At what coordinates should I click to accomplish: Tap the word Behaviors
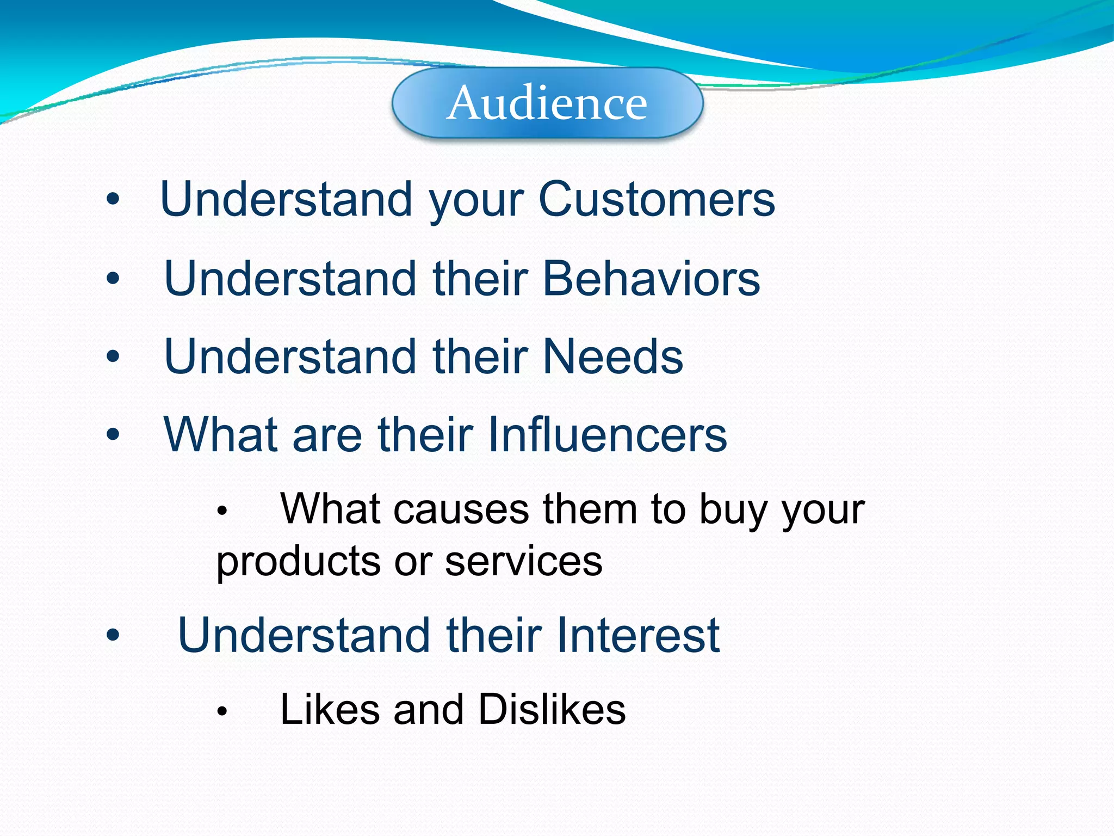click(651, 279)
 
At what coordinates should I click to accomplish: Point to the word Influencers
click(607, 434)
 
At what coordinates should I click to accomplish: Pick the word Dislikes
click(553, 710)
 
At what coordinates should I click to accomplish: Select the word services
click(523, 562)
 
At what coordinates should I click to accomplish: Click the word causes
click(461, 510)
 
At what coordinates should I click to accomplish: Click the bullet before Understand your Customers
click(113, 200)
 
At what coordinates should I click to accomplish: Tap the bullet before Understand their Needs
click(113, 357)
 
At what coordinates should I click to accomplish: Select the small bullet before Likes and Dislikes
click(221, 711)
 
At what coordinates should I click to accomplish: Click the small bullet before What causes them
click(221, 511)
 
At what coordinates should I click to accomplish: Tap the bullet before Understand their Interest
click(113, 635)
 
